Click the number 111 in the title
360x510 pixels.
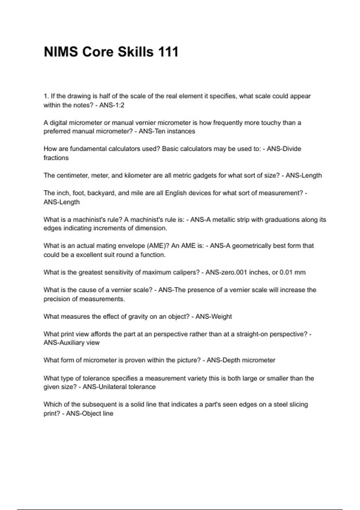click(167, 52)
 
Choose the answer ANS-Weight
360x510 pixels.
click(214, 316)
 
